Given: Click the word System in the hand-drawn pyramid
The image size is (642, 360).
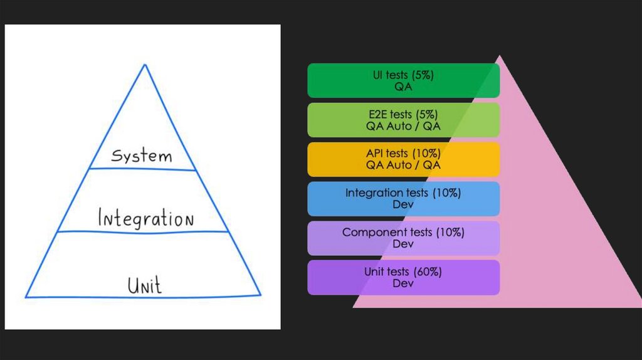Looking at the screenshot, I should (x=141, y=155).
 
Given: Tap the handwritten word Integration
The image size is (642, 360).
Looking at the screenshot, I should (x=145, y=219).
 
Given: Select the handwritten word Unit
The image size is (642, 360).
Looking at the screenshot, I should (x=144, y=285).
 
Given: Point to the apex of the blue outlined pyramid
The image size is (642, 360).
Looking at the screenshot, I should (x=145, y=64).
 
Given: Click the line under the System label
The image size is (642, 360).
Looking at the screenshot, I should (x=142, y=169).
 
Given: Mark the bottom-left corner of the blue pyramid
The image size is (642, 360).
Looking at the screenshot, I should (x=26, y=296).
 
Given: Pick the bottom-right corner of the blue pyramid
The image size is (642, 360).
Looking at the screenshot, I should (x=260, y=294).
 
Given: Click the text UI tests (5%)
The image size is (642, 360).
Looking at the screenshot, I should (x=403, y=75).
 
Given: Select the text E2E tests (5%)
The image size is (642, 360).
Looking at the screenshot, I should (x=403, y=115).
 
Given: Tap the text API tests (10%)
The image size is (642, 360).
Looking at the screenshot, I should (x=403, y=154).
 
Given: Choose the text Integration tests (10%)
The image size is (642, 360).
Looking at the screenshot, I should (x=403, y=193).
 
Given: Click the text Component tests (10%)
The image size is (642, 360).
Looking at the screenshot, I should (x=403, y=233).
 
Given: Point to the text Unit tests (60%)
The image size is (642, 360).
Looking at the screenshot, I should (x=403, y=272).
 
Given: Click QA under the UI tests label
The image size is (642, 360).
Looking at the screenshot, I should (x=403, y=87).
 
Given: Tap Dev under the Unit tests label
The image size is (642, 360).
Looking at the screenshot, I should (x=403, y=283).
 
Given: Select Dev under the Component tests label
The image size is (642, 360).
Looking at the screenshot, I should (x=403, y=244).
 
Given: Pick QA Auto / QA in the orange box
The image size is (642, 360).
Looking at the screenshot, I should (x=403, y=165).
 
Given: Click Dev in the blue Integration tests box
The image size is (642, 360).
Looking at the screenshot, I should (x=403, y=204).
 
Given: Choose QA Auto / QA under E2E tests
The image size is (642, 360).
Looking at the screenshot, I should (x=403, y=126).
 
